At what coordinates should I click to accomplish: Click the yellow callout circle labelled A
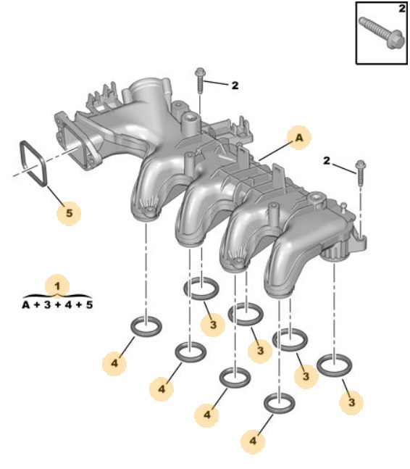[299, 138]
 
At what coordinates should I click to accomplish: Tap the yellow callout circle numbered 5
[69, 213]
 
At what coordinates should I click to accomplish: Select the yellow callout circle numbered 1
[57, 286]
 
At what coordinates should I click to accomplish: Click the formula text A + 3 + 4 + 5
[57, 304]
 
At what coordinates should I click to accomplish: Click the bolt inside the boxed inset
[380, 33]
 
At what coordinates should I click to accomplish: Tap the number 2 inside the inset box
[402, 9]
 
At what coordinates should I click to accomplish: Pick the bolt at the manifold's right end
[361, 173]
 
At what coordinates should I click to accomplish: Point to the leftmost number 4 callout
[114, 363]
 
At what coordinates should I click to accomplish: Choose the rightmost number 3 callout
[352, 402]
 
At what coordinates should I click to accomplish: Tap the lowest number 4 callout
[253, 441]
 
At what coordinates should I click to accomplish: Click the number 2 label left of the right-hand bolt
[327, 161]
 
